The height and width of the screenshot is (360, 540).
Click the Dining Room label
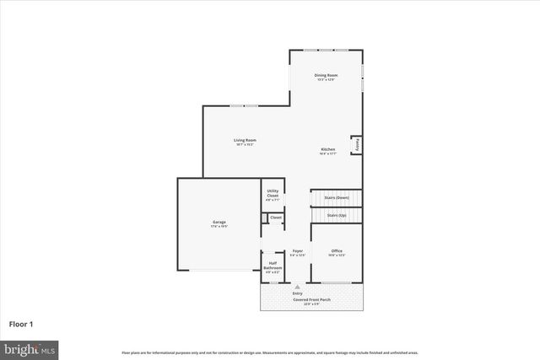[x=326, y=76]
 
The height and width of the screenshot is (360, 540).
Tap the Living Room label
[x=246, y=140]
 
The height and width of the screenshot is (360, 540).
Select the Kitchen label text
[x=327, y=151]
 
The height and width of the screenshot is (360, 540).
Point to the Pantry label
[x=357, y=145]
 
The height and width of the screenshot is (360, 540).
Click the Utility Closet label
[x=273, y=193]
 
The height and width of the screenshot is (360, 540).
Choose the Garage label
[x=219, y=222]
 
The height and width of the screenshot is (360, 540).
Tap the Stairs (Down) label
[x=337, y=198]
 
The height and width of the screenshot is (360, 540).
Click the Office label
[x=337, y=250]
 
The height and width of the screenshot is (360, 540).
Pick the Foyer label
[x=298, y=250]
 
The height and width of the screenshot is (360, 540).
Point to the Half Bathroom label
[x=273, y=266]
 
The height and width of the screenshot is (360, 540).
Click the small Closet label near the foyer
[x=276, y=218]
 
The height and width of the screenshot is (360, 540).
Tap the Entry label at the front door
[x=298, y=293]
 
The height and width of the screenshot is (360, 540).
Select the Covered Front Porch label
[x=312, y=299]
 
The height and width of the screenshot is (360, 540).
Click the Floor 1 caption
[x=22, y=324]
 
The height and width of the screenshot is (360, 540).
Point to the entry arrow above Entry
[x=298, y=287]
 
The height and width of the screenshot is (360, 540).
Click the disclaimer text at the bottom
[x=270, y=352]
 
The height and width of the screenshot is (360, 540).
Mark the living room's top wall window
[x=245, y=106]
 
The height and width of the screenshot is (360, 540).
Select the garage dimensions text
[x=219, y=227]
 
